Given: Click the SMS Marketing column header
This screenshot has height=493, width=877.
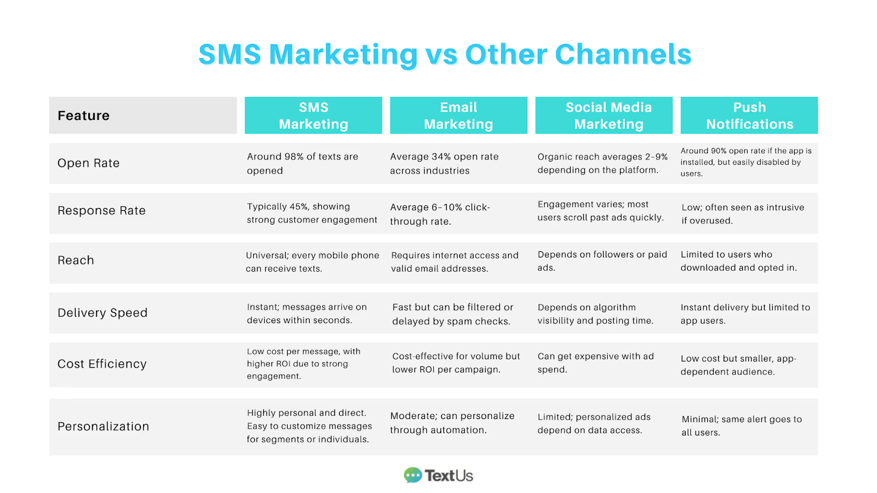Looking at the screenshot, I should coord(313,116).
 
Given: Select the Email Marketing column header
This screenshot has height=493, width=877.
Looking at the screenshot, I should coord(458,116).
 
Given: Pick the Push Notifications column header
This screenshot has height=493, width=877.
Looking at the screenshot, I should coord(749,116).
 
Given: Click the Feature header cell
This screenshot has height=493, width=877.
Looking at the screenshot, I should coord(84,116).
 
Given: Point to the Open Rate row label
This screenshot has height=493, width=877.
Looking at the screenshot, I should coord(88,163).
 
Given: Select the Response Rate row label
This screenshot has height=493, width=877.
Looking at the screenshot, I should coord(101,211).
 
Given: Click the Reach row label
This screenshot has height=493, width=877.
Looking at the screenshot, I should coord(76,261).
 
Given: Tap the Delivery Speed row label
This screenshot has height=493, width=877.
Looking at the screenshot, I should coord(102,313).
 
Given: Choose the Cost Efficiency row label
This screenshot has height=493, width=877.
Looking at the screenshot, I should coord(102,364).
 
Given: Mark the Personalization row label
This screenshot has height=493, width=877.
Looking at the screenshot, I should coord(103,427).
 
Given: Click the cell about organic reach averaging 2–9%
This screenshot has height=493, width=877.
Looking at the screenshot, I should coord(602,163).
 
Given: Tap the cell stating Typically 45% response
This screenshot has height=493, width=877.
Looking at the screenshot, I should coord(311,213).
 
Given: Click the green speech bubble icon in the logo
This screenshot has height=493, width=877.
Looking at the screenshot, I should coord(413,475).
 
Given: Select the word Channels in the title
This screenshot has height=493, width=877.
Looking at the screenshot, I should coord(623,54).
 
